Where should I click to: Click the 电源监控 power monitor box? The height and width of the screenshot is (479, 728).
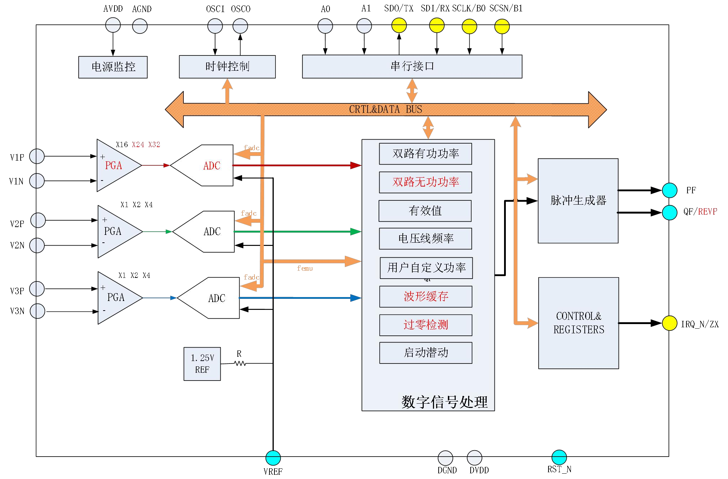113,67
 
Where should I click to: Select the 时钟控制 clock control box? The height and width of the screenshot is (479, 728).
227,66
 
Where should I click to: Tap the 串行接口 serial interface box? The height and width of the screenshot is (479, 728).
412,66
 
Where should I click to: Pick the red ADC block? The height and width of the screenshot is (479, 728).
210,165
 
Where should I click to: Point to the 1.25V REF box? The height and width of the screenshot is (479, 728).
202,364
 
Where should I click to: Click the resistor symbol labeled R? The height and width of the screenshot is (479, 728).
240,363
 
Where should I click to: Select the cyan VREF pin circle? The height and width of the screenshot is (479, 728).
273,458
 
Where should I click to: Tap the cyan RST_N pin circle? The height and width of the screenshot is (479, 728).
559,457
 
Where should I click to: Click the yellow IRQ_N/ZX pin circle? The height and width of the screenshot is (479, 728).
669,323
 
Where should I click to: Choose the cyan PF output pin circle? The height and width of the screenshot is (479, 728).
669,190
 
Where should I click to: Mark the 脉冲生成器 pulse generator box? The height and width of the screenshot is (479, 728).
578,201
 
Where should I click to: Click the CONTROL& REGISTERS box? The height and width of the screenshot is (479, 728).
578,323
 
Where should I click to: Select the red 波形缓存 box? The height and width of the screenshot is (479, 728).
425,296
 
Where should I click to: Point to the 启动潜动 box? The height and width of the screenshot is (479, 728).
425,352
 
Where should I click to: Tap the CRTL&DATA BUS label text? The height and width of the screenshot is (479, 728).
385,109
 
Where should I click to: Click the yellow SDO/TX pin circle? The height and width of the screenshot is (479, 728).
399,26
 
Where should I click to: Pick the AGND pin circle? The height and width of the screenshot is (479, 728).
140,26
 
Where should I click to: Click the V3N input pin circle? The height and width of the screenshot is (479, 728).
37,311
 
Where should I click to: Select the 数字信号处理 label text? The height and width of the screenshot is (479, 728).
444,402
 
